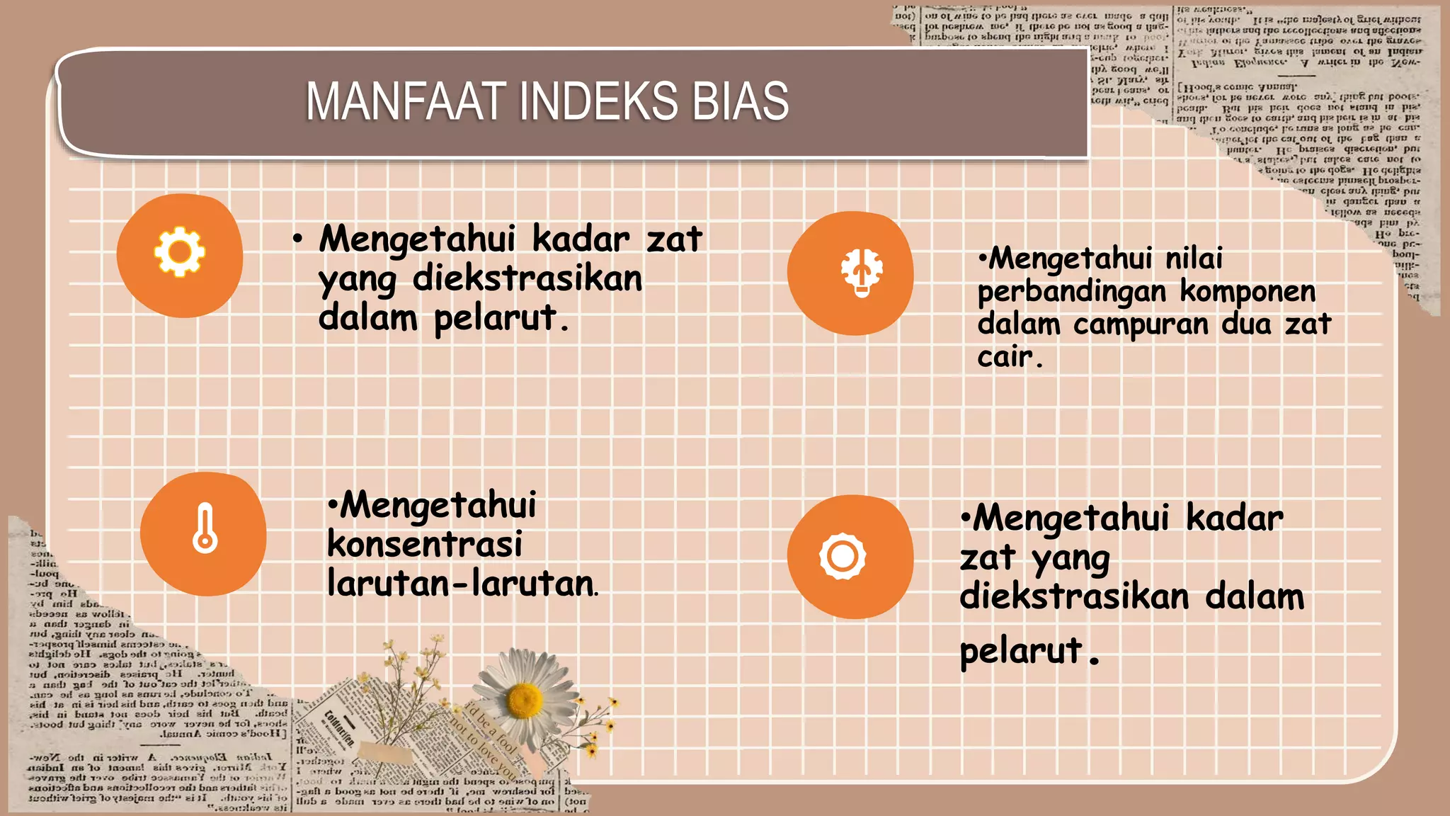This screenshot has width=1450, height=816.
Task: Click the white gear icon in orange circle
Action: (x=179, y=251)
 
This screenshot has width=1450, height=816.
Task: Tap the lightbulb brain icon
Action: (x=861, y=273)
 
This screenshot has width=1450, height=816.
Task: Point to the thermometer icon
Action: (x=205, y=528)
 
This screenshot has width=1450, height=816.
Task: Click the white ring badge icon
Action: (x=843, y=556)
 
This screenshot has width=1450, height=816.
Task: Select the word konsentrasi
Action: (x=425, y=545)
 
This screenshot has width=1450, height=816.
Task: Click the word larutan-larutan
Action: (x=461, y=584)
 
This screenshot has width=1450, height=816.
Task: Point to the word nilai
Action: (x=1194, y=259)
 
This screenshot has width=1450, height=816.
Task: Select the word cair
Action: (x=1005, y=356)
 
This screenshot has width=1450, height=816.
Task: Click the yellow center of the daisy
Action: (x=525, y=699)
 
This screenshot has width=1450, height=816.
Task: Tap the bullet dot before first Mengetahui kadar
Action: (x=298, y=239)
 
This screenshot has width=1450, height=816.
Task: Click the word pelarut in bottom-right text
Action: (x=1021, y=651)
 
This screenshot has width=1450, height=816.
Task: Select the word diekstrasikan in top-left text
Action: (x=527, y=278)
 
